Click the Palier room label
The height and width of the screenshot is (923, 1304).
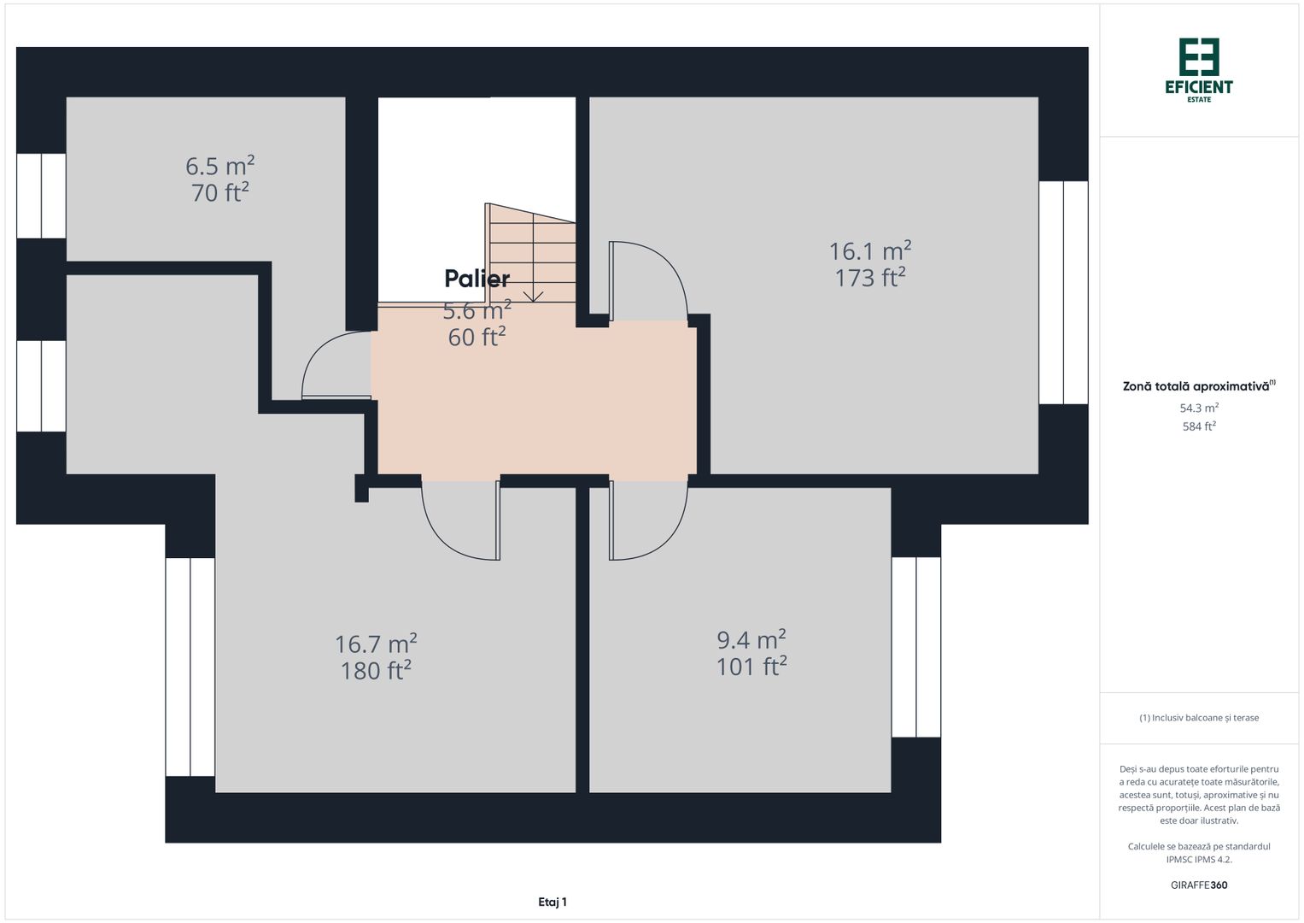pyautogui.click(x=477, y=279)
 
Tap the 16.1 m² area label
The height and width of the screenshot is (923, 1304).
pyautogui.click(x=869, y=251)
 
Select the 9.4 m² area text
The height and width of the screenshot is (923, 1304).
pyautogui.click(x=751, y=640)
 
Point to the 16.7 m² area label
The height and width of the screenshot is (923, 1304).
pyautogui.click(x=376, y=644)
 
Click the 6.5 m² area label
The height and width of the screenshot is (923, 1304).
pyautogui.click(x=219, y=165)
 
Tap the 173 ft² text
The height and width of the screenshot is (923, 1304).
pyautogui.click(x=869, y=278)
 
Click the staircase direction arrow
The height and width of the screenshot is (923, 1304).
pyautogui.click(x=533, y=295)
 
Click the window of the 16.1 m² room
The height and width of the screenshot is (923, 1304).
pyautogui.click(x=1063, y=292)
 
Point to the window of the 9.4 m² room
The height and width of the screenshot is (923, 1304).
pyautogui.click(x=915, y=647)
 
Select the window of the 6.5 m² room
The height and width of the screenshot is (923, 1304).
pyautogui.click(x=41, y=196)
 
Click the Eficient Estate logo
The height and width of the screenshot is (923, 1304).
pyautogui.click(x=1198, y=69)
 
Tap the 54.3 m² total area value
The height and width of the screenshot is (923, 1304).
pyautogui.click(x=1198, y=409)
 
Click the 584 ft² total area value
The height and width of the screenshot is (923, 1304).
pyautogui.click(x=1198, y=426)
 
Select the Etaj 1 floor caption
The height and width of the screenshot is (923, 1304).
pyautogui.click(x=552, y=902)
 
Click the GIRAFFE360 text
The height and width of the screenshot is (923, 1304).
pyautogui.click(x=1198, y=885)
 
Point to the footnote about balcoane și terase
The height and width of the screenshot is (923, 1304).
pyautogui.click(x=1198, y=718)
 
